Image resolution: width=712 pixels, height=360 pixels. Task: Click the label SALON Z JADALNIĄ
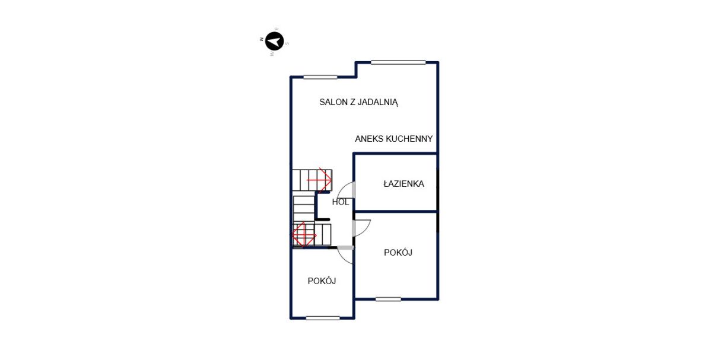click(x=358, y=103)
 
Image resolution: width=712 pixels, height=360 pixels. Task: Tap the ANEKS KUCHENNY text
click(x=394, y=139)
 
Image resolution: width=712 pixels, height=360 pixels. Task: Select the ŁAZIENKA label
click(x=403, y=184)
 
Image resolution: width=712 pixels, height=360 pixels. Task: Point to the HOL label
click(x=340, y=202)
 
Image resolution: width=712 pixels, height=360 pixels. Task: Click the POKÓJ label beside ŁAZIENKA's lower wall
click(x=398, y=253)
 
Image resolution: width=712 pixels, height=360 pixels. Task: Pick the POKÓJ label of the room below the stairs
click(x=322, y=281)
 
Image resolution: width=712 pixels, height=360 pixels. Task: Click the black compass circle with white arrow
click(x=274, y=42)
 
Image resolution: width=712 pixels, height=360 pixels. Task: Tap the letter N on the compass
click(x=261, y=39)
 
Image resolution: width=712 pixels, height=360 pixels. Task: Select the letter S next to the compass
click(x=287, y=43)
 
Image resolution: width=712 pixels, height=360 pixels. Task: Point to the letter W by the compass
click(x=272, y=54)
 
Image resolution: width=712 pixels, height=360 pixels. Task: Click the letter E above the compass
click(x=277, y=29)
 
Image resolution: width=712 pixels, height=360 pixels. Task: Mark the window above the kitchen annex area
click(x=398, y=63)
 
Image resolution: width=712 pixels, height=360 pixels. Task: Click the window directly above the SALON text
click(x=320, y=77)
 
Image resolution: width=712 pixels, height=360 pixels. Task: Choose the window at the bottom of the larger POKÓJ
click(x=388, y=299)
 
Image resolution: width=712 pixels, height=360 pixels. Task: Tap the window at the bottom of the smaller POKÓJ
click(x=323, y=318)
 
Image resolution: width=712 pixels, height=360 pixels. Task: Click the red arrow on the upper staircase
click(x=319, y=180)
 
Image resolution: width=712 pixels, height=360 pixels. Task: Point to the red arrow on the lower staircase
click(x=304, y=235)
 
